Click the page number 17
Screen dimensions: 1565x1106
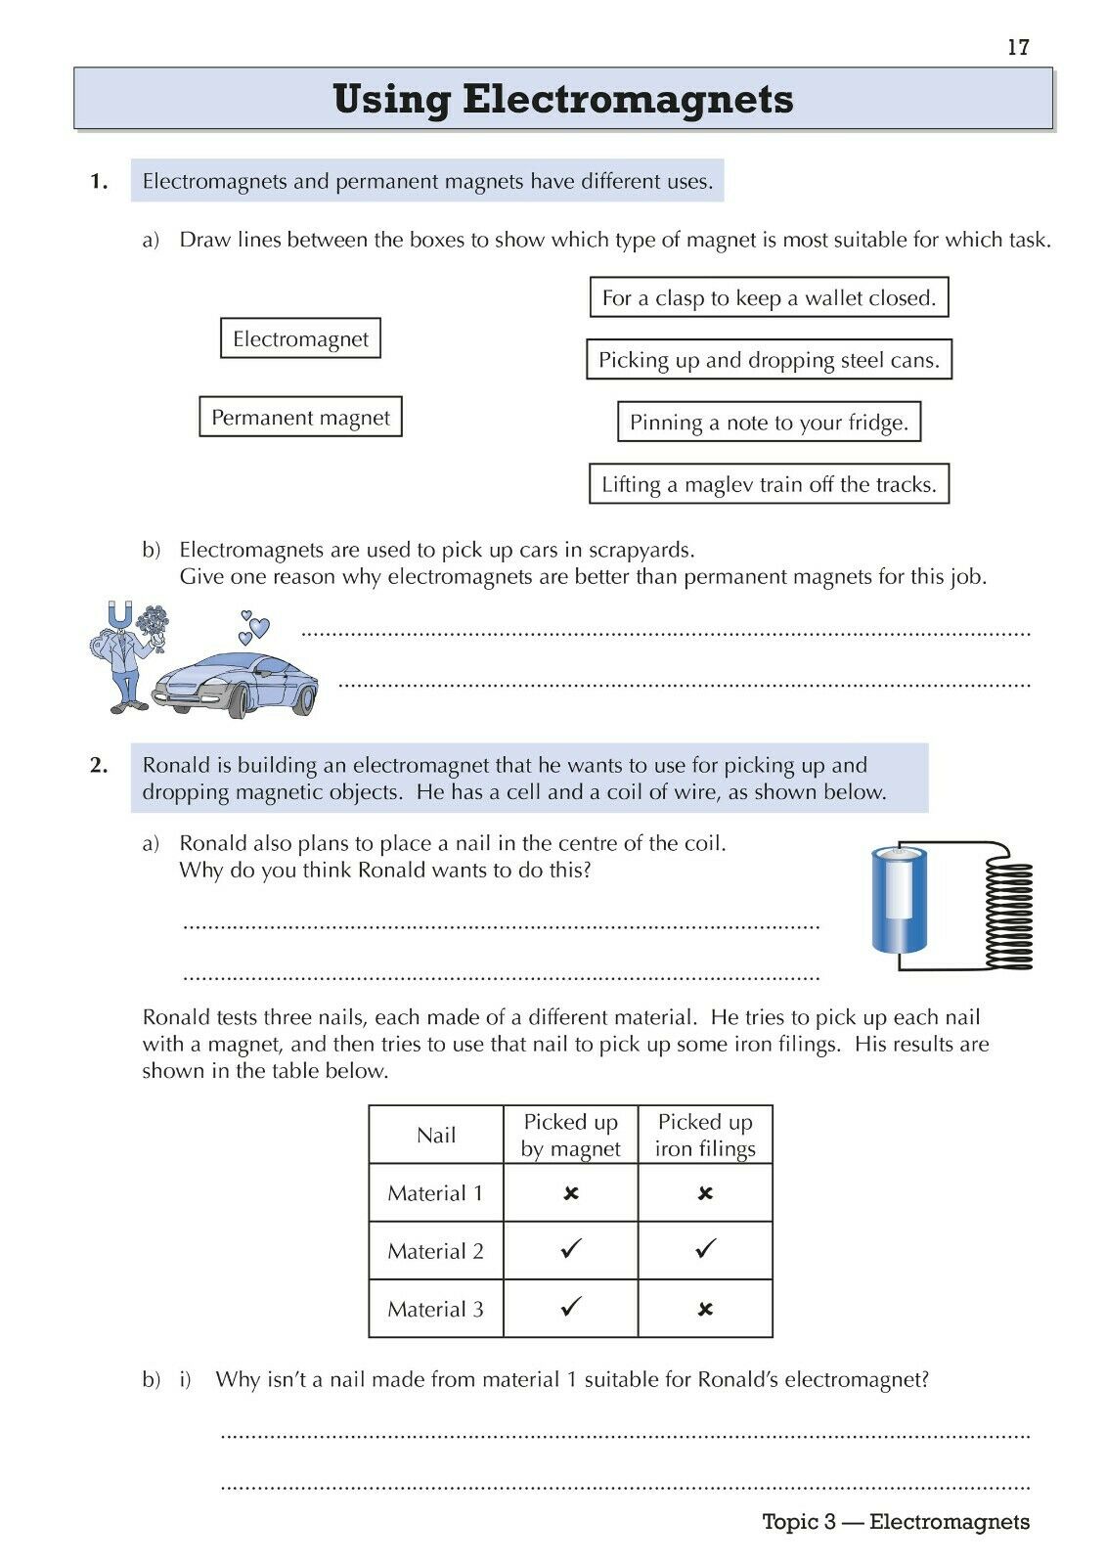coord(1018,47)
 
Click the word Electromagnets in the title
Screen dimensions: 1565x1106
coord(627,99)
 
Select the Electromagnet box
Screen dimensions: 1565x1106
coord(300,338)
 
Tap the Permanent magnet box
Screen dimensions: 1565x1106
coord(300,417)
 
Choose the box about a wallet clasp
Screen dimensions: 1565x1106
coord(769,297)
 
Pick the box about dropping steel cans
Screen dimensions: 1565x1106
coord(769,360)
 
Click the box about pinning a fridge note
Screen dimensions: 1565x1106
coord(769,422)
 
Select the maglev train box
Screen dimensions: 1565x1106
coord(769,484)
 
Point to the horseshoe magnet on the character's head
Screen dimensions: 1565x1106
coord(120,616)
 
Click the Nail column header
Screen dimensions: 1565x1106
coord(436,1135)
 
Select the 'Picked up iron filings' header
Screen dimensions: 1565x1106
coord(705,1135)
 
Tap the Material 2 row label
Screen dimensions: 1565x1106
coord(435,1251)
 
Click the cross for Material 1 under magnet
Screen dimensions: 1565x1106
coord(571,1193)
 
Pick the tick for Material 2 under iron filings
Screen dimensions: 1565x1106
coord(705,1249)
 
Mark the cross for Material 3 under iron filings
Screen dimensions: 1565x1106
coord(705,1310)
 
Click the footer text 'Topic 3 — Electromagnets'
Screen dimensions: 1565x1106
coord(896,1522)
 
